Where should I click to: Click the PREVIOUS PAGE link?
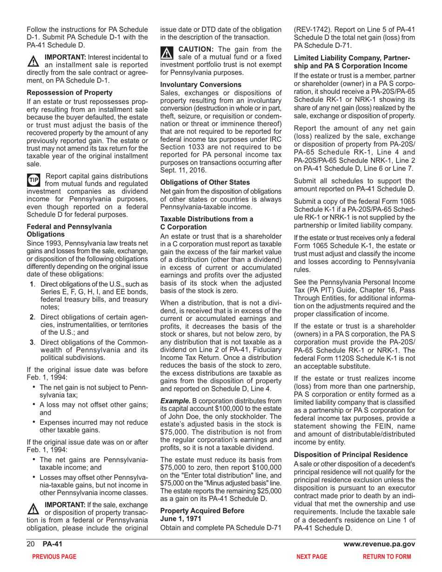51,556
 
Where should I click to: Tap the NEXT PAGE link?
312,556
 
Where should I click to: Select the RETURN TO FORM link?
387,556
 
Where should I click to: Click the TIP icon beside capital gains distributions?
33,180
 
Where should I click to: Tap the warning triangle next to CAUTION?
166,53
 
